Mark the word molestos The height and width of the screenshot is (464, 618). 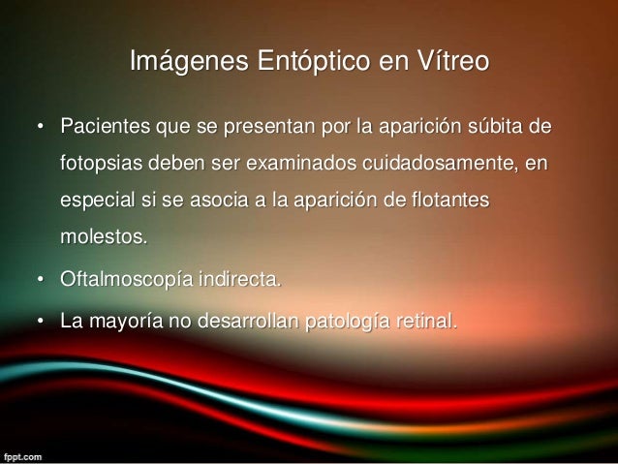[x=100, y=238]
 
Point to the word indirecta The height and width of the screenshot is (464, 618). [x=243, y=281]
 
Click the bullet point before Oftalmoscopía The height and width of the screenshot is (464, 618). [x=41, y=282]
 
